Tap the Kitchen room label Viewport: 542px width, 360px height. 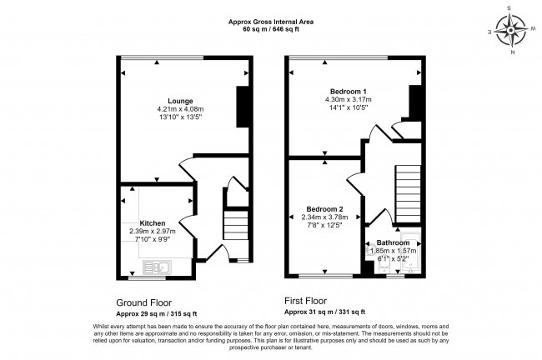(x=152, y=223)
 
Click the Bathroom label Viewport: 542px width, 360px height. (x=392, y=242)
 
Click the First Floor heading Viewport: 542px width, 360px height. (x=312, y=303)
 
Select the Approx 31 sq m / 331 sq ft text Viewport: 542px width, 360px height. (x=324, y=313)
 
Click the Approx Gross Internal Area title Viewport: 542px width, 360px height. (x=271, y=22)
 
